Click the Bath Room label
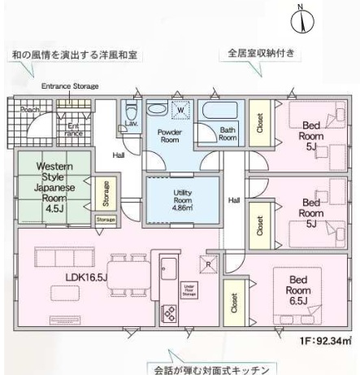point(227,134)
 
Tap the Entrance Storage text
point(69,86)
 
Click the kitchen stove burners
point(171,312)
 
